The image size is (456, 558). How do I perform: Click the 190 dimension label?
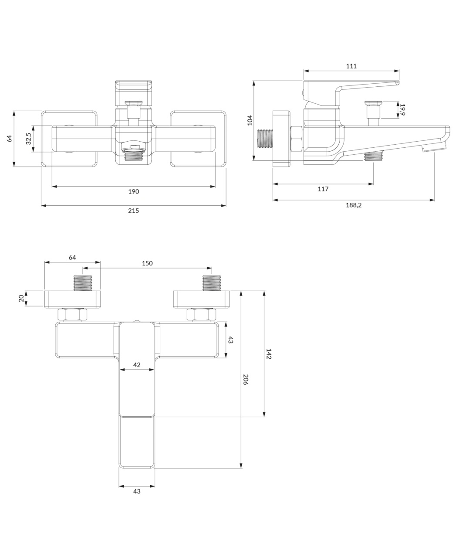(x=134, y=191)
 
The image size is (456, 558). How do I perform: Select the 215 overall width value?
(x=134, y=211)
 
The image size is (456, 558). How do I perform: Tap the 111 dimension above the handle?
(x=351, y=66)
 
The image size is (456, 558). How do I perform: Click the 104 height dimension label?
(x=250, y=120)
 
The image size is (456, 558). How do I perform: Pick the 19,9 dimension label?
(x=402, y=109)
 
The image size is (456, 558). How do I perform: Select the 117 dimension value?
(x=323, y=189)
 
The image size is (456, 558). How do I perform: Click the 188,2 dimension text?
(x=354, y=205)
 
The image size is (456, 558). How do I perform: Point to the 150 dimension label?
(x=147, y=263)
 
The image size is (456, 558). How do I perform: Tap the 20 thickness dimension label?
(x=21, y=298)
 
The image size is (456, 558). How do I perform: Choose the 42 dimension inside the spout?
(x=137, y=365)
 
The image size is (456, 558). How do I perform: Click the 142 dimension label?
(x=269, y=354)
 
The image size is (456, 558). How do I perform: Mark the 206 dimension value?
(x=246, y=379)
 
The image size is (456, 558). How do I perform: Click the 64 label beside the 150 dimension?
(x=72, y=257)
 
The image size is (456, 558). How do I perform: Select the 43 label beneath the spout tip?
(x=137, y=491)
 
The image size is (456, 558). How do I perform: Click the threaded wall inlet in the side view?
(x=265, y=138)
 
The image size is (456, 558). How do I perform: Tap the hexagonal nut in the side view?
(x=297, y=139)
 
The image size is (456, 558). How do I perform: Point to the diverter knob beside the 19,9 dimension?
(x=373, y=109)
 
